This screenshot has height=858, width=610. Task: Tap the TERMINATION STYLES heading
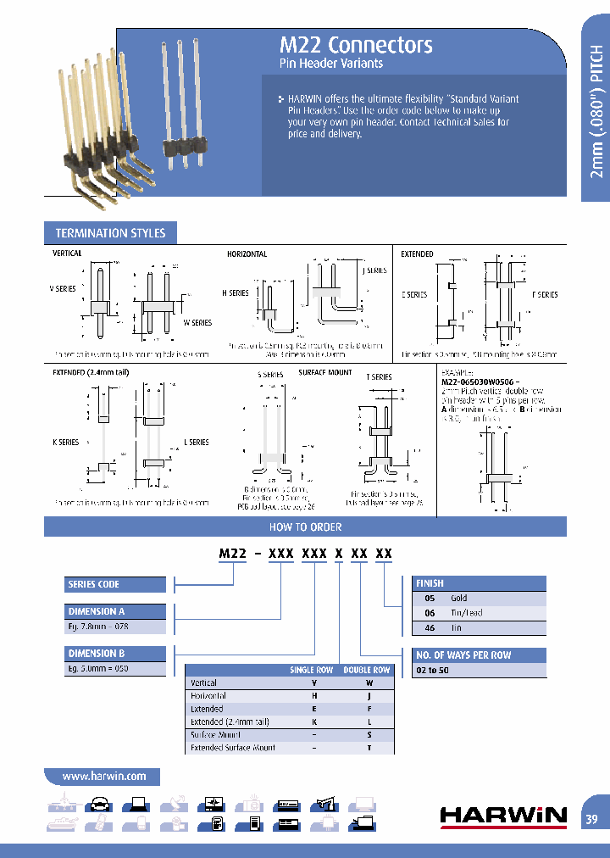pyautogui.click(x=110, y=233)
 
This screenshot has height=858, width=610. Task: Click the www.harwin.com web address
pyautogui.click(x=104, y=776)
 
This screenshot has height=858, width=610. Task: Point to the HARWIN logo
pyautogui.click(x=503, y=816)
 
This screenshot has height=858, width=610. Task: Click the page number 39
pyautogui.click(x=592, y=819)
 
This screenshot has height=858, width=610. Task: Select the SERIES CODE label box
pyautogui.click(x=115, y=584)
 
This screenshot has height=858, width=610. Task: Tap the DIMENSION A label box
pyautogui.click(x=115, y=612)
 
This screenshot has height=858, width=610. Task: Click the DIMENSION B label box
pyautogui.click(x=115, y=654)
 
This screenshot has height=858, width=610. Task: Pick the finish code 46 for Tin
pyautogui.click(x=430, y=628)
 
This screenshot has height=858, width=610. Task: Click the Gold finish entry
pyautogui.click(x=458, y=598)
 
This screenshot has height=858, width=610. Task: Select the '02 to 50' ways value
pyautogui.click(x=432, y=670)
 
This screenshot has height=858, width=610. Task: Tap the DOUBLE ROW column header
pyautogui.click(x=367, y=670)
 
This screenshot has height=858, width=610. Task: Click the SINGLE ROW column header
pyautogui.click(x=312, y=670)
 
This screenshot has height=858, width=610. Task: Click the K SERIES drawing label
pyautogui.click(x=65, y=443)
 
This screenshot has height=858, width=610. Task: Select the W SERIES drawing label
pyautogui.click(x=197, y=323)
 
